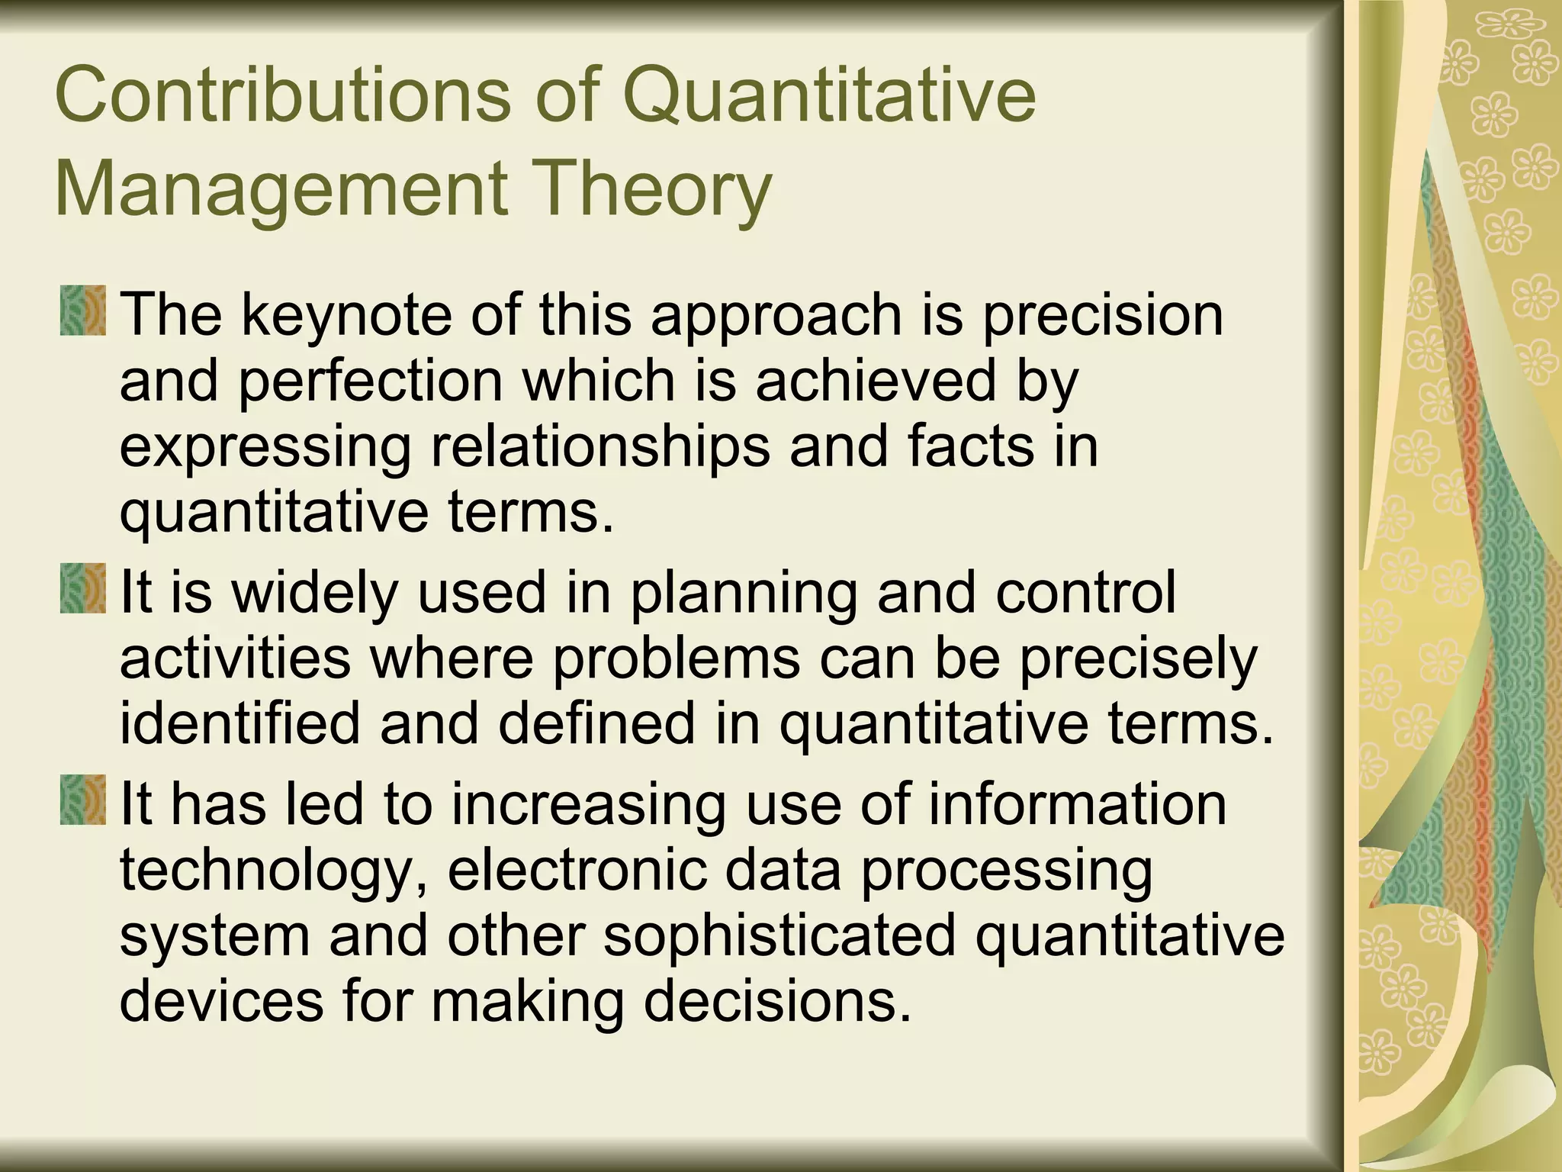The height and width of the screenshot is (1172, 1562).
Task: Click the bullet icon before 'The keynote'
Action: (x=82, y=311)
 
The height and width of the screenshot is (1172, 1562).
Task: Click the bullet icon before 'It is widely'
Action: (x=82, y=588)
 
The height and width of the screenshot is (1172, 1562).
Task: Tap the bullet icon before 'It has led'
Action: (x=82, y=799)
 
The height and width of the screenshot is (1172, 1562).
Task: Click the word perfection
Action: (x=371, y=381)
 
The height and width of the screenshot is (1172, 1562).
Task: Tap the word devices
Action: (x=222, y=1002)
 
